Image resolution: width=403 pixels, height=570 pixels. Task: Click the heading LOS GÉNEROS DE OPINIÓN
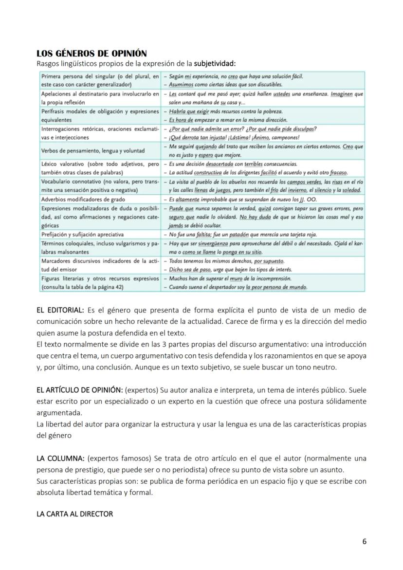(x=92, y=53)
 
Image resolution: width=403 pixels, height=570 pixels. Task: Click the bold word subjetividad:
(x=215, y=63)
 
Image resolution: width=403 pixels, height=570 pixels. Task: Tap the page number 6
(x=365, y=541)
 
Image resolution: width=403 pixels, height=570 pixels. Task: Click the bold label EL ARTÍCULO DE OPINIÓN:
(x=80, y=390)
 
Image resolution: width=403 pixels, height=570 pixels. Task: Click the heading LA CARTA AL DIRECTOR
(x=74, y=514)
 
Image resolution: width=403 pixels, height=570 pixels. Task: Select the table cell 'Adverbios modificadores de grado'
(x=83, y=200)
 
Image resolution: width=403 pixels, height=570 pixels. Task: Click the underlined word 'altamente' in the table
(x=186, y=200)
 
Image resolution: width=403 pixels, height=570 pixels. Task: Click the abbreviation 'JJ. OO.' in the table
(x=307, y=200)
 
